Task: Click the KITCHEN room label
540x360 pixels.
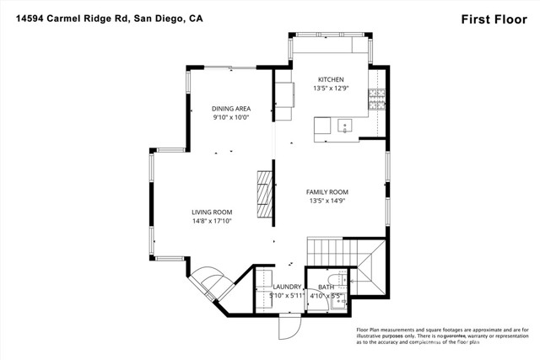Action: (x=331, y=79)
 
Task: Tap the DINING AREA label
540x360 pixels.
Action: (x=231, y=109)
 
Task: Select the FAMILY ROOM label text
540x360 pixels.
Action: (x=327, y=191)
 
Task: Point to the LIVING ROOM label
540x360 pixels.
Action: (x=213, y=212)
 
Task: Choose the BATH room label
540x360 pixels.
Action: (x=326, y=287)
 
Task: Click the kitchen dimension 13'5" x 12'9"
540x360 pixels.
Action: (x=331, y=89)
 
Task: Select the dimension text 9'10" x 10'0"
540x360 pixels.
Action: (x=231, y=118)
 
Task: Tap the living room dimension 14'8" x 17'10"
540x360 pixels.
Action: (x=212, y=221)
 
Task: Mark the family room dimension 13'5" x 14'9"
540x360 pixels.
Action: (x=327, y=201)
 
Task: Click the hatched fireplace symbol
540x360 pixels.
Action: (x=265, y=195)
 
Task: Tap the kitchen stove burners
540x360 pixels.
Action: (x=376, y=101)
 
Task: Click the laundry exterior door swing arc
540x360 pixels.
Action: (x=288, y=330)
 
